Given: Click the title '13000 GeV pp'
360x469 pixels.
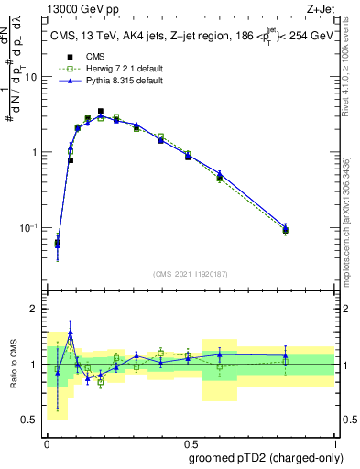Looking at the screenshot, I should click(77, 8).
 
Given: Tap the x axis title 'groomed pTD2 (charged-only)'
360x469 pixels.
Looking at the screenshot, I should click(265, 457).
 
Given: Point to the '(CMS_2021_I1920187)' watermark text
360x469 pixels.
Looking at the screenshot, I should click(190, 274).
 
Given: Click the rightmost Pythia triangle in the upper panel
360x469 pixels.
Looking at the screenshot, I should click(286, 226).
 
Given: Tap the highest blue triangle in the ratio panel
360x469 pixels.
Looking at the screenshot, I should click(71, 333).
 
